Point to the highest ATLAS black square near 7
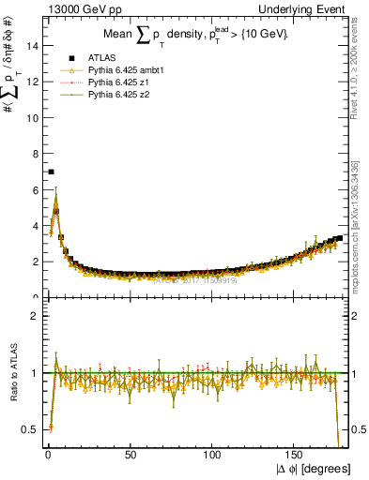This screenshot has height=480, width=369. (x=51, y=172)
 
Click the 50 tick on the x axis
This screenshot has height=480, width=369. (x=131, y=457)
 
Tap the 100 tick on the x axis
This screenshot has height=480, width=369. (x=213, y=457)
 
